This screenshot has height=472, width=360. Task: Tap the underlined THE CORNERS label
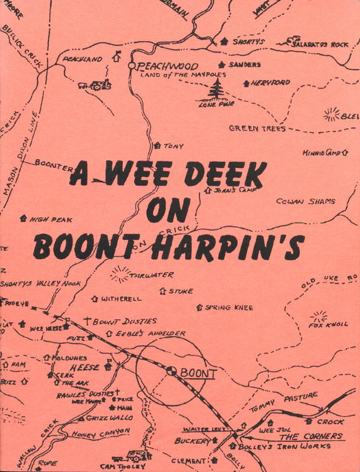(x=310, y=437)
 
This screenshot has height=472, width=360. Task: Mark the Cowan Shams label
(x=306, y=201)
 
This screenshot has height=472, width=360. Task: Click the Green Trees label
(x=257, y=128)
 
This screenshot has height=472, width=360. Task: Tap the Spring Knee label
(x=229, y=307)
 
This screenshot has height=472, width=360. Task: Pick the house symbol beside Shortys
(x=224, y=41)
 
